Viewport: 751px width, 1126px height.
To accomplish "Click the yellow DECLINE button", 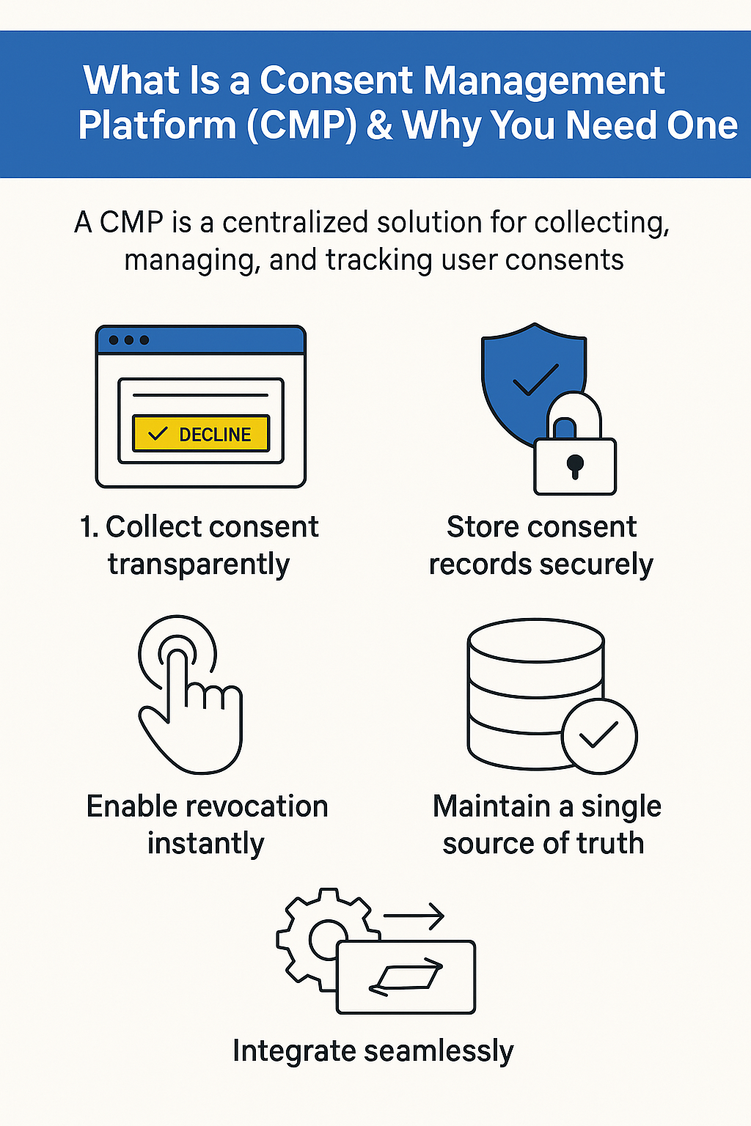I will [x=200, y=433].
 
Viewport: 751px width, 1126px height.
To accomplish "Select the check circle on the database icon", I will [x=599, y=735].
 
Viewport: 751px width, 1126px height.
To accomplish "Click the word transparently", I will [x=199, y=564].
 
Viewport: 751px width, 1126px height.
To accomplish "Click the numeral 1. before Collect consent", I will [x=89, y=527].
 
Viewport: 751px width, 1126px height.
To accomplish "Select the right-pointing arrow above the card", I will [x=414, y=916].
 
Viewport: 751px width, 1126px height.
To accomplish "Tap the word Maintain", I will [x=491, y=806].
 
